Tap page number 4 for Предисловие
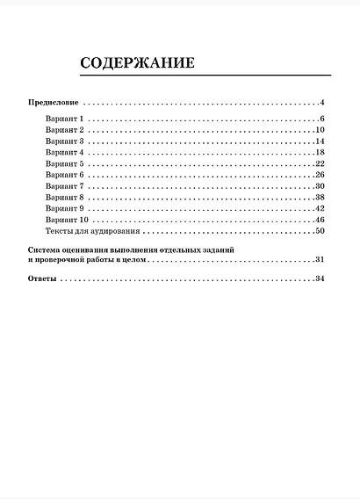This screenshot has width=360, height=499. tap(322, 103)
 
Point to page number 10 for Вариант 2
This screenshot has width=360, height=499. tap(320, 130)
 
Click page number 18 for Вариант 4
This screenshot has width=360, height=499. tap(320, 152)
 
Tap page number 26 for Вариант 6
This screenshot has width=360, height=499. tap(320, 175)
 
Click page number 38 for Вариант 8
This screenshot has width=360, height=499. tap(320, 198)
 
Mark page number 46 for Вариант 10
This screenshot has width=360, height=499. tap(320, 220)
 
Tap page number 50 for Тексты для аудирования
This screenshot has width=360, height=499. tap(320, 231)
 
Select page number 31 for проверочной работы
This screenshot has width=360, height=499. tap(320, 261)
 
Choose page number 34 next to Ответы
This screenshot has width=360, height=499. tap(320, 279)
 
